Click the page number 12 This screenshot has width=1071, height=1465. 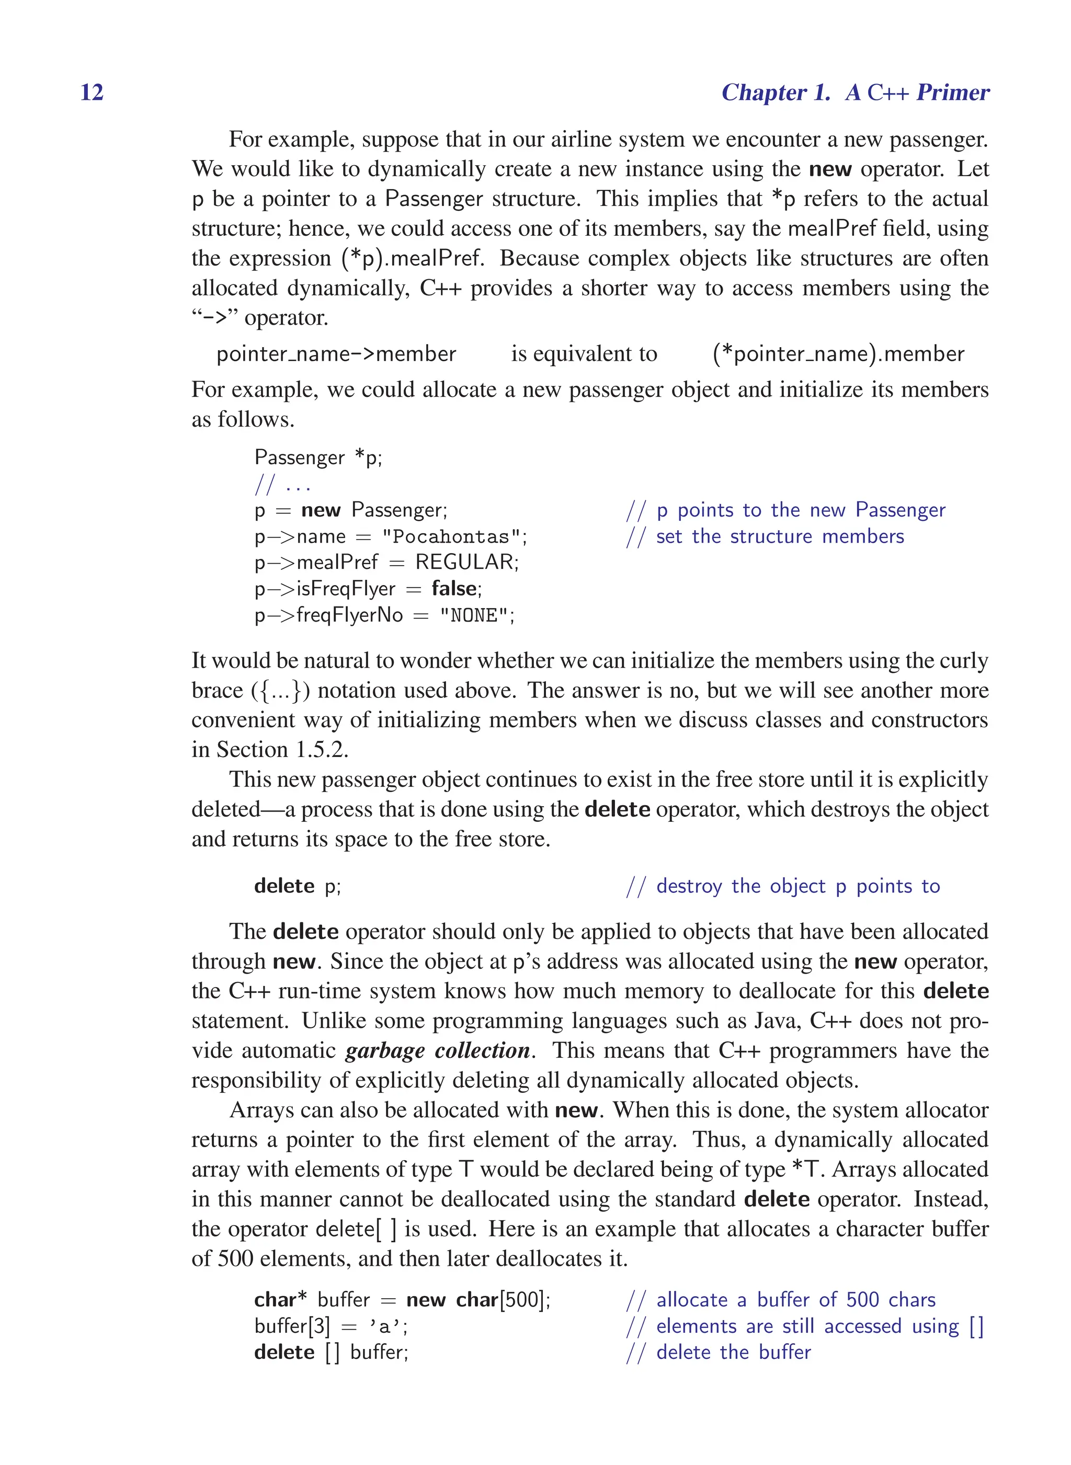pos(92,92)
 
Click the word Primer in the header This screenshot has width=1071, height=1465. pos(952,93)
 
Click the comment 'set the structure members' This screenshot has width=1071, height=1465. pos(779,537)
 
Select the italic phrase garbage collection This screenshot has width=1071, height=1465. pos(438,1050)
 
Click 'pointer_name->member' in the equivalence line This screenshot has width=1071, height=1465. pos(336,354)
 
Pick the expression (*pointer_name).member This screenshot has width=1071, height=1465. pos(838,354)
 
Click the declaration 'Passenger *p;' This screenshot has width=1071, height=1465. pos(317,457)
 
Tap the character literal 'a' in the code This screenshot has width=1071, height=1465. pos(385,1327)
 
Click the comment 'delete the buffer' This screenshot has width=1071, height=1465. pos(733,1353)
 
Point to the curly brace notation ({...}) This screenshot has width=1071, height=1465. pos(280,690)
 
